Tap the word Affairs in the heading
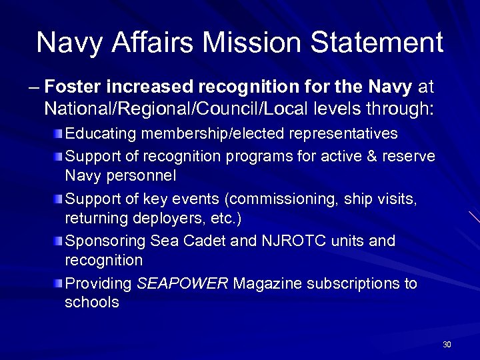pos(155,43)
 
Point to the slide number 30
pos(447,345)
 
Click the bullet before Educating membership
pos(60,133)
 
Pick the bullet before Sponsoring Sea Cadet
pos(60,241)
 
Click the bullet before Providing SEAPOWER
pos(60,284)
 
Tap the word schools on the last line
pos(92,302)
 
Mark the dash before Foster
pos(33,87)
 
